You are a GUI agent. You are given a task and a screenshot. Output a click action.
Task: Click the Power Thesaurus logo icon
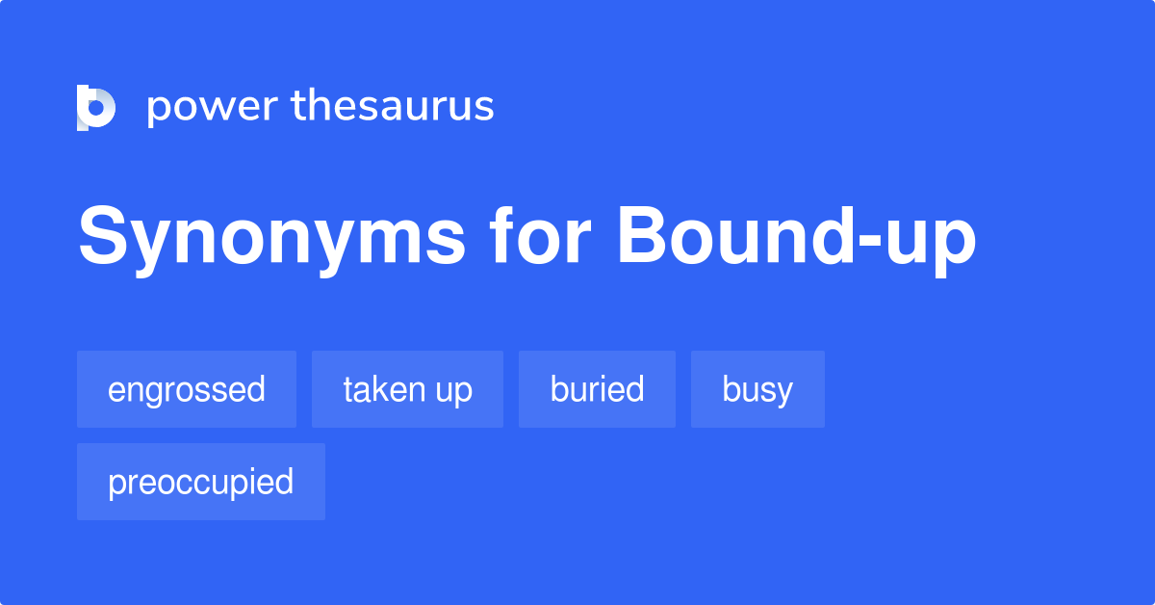pyautogui.click(x=95, y=107)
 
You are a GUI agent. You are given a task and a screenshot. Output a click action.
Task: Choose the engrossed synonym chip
pyautogui.click(x=187, y=389)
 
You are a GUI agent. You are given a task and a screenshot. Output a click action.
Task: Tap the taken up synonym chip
pyautogui.click(x=407, y=389)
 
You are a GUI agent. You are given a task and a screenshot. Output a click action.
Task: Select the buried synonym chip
pyautogui.click(x=597, y=389)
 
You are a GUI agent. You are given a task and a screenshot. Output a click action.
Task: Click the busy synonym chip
pyautogui.click(x=757, y=389)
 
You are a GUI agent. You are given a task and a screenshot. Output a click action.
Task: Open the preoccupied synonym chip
pyautogui.click(x=201, y=482)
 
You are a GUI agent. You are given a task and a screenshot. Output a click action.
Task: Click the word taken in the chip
pyautogui.click(x=382, y=389)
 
